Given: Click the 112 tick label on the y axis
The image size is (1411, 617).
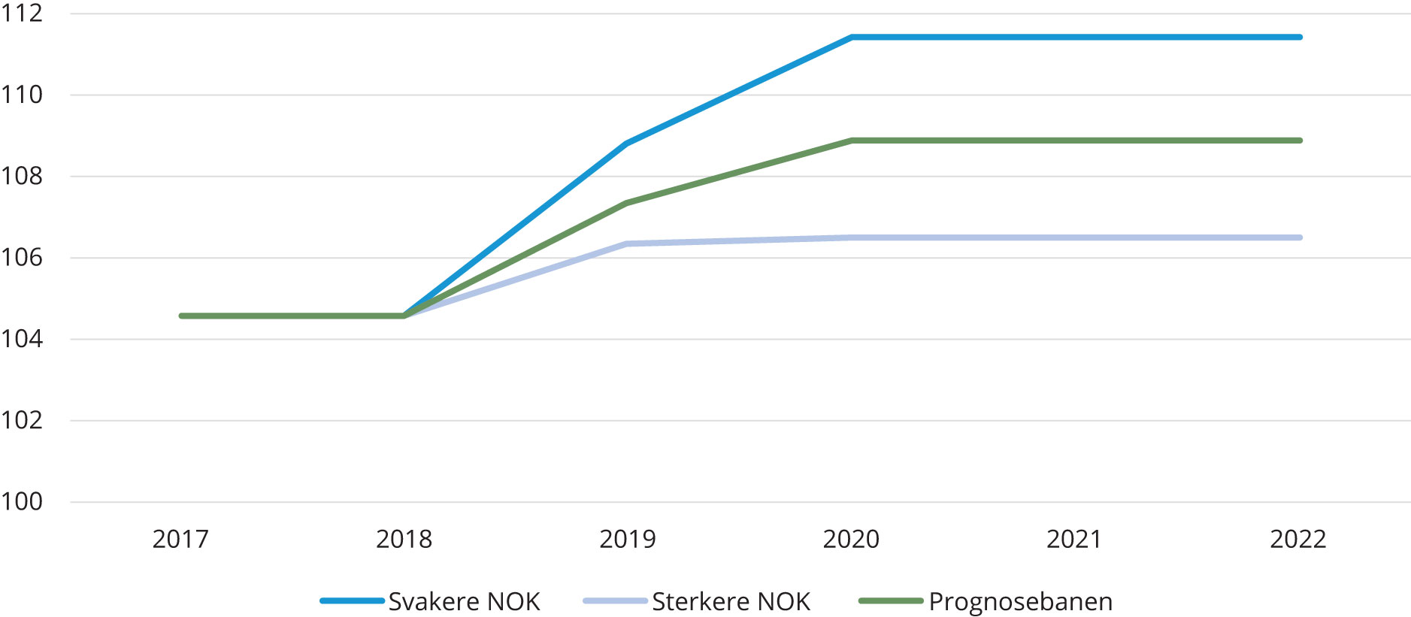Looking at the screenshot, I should pyautogui.click(x=22, y=14).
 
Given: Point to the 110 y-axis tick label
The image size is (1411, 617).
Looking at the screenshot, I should pyautogui.click(x=22, y=95).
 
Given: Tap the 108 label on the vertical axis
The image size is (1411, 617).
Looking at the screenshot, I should pyautogui.click(x=22, y=176).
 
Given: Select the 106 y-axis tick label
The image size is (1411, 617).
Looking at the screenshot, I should pyautogui.click(x=22, y=258).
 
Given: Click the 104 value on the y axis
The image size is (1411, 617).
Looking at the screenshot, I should pyautogui.click(x=22, y=339).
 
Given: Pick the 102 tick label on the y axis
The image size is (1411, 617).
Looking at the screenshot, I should pyautogui.click(x=22, y=420).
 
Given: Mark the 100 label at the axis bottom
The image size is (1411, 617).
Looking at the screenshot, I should pyautogui.click(x=22, y=501).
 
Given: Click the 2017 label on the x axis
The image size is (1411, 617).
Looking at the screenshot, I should pyautogui.click(x=180, y=540).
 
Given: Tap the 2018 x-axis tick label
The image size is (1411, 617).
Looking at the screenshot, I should pyautogui.click(x=404, y=540).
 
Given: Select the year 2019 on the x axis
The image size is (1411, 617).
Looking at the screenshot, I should pyautogui.click(x=627, y=540).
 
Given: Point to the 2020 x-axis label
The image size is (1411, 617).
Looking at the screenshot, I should pyautogui.click(x=851, y=540).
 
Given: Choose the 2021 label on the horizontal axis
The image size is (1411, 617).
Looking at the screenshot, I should pyautogui.click(x=1074, y=540).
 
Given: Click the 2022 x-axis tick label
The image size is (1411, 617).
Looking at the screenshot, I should pyautogui.click(x=1298, y=540).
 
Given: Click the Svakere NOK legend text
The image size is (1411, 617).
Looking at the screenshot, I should pyautogui.click(x=464, y=602).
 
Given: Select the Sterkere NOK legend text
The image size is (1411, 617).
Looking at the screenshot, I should pyautogui.click(x=731, y=602).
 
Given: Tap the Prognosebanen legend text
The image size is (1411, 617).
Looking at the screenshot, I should pyautogui.click(x=1020, y=602).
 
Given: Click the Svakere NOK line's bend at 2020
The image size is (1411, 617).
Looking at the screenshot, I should pyautogui.click(x=852, y=37).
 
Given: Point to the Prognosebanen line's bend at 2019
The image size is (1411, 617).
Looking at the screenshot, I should pyautogui.click(x=627, y=203).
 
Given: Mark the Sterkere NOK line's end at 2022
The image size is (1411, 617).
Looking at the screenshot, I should pyautogui.click(x=1300, y=237).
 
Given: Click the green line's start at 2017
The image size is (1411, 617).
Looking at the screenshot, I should pyautogui.click(x=181, y=316).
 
